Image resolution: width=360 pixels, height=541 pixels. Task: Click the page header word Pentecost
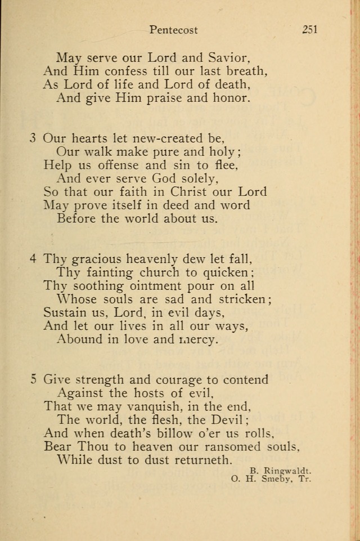(174, 30)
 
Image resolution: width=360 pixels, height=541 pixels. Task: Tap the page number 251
(309, 30)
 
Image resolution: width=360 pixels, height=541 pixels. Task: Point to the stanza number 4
(34, 258)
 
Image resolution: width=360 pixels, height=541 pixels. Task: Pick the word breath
(244, 71)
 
